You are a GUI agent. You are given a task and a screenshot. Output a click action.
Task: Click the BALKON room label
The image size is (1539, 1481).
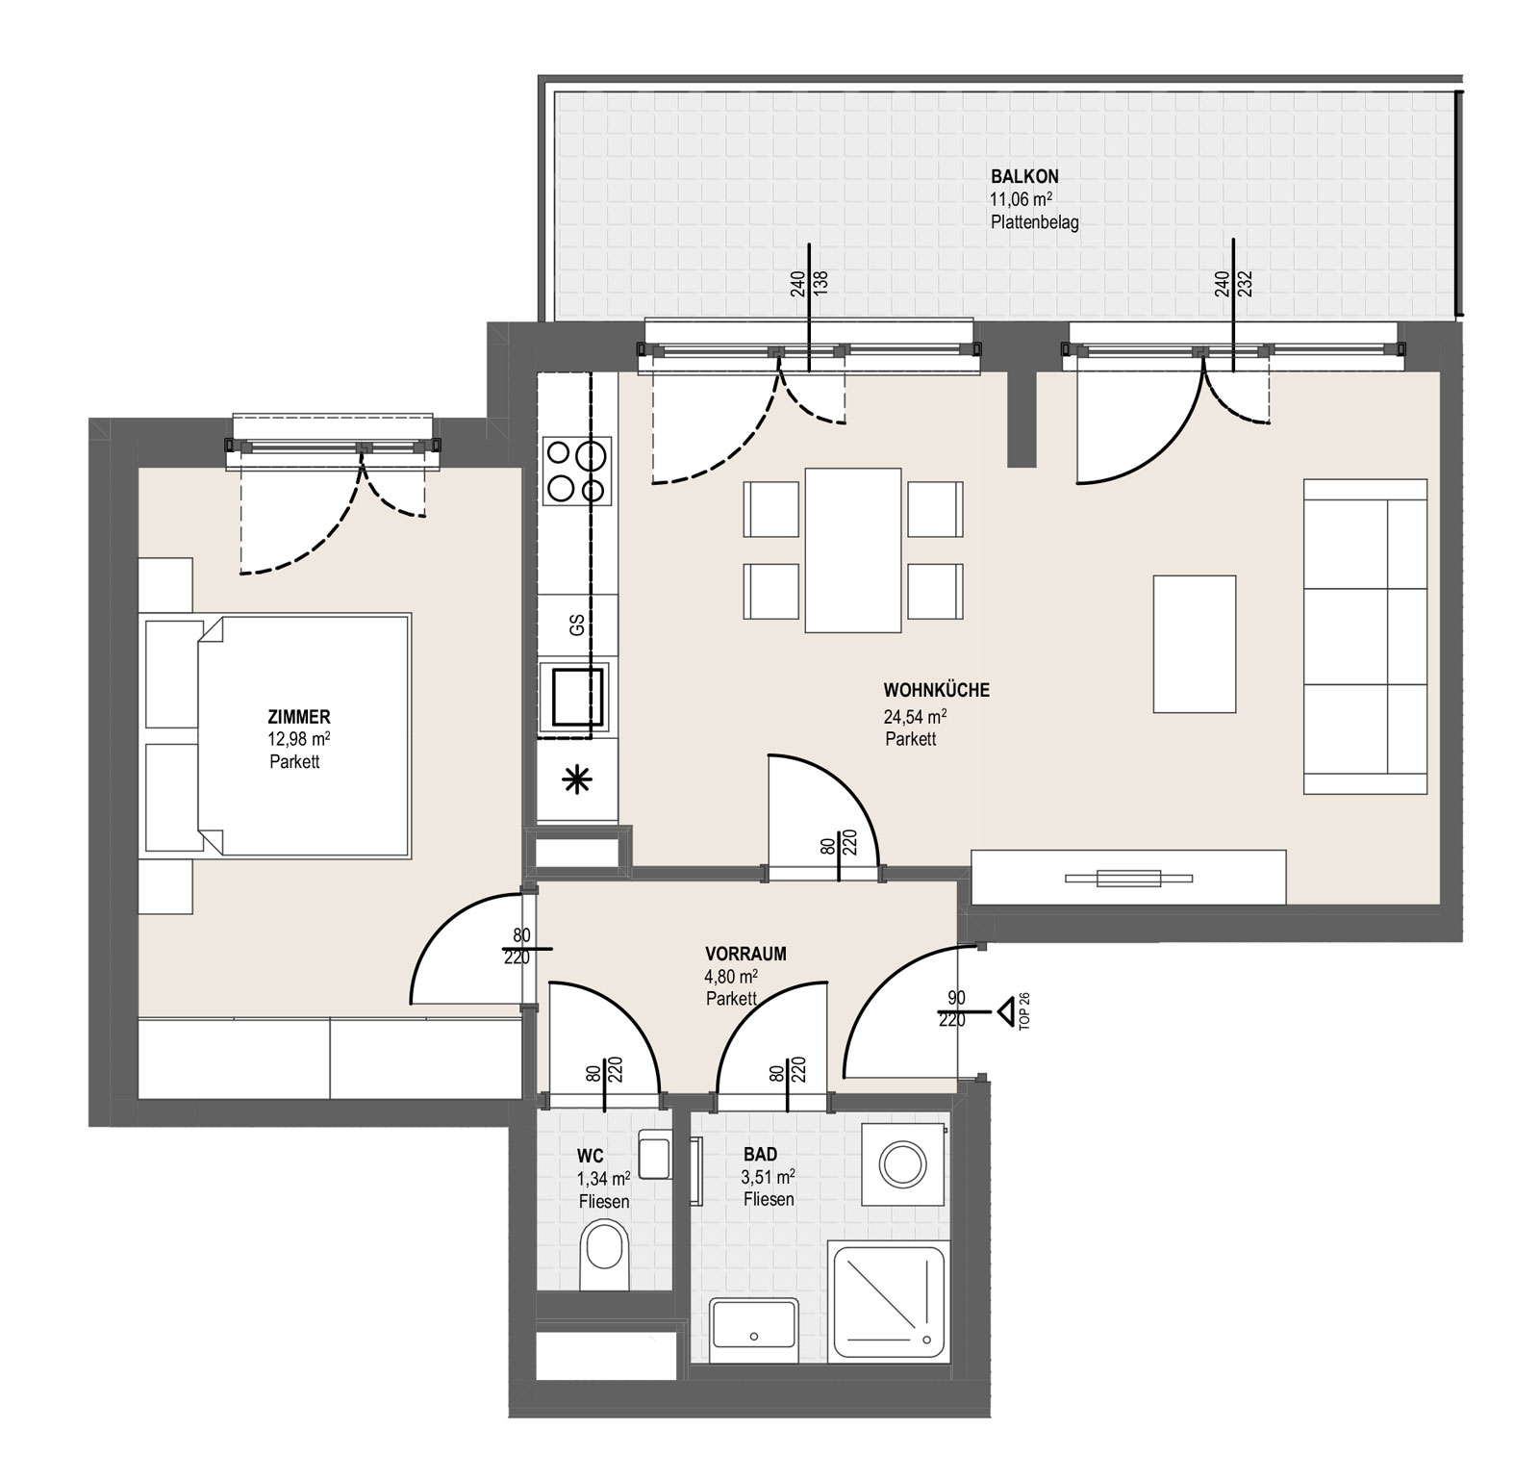[x=1024, y=176]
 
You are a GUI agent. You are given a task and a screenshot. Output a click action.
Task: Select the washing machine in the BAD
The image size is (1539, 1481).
[x=902, y=1163]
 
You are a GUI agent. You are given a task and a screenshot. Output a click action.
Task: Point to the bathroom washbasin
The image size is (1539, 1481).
[x=754, y=1330]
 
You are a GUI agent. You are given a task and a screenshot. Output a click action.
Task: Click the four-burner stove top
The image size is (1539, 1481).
[x=576, y=471]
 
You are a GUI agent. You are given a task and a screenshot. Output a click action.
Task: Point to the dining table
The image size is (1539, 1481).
[x=853, y=549]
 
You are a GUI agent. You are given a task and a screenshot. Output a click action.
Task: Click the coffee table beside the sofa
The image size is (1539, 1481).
[x=1194, y=644]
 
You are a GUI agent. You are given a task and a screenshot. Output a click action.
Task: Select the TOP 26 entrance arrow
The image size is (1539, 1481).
[x=1005, y=1011]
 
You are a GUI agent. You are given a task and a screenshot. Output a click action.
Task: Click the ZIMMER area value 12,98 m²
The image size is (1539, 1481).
[x=299, y=739]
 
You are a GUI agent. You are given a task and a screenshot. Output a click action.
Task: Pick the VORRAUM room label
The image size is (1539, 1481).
[x=745, y=954]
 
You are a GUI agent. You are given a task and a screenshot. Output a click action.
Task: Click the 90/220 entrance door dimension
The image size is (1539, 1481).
[x=952, y=1009]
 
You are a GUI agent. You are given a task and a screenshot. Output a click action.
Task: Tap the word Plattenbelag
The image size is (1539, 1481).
[x=1034, y=222]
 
